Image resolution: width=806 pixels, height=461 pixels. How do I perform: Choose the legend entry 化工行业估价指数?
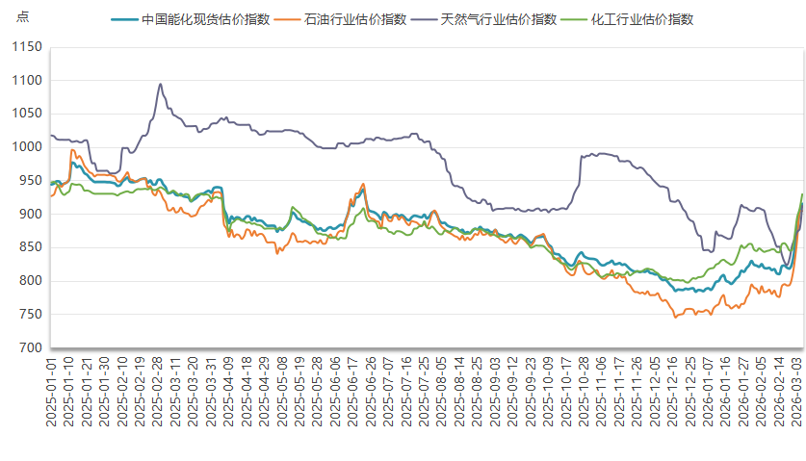[640, 19]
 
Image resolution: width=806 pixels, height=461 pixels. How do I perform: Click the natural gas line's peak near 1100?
[160, 84]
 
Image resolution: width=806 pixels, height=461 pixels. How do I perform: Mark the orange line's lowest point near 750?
[675, 317]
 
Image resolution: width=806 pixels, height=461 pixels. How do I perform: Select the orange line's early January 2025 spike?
[72, 150]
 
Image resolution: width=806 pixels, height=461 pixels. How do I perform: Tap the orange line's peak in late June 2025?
[363, 184]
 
